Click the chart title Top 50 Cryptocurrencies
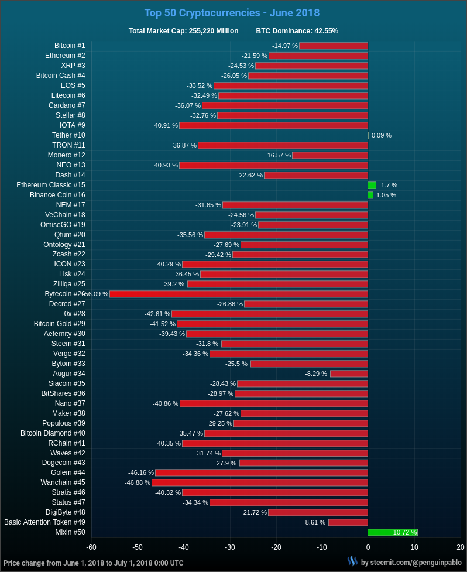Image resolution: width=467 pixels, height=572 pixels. [232, 13]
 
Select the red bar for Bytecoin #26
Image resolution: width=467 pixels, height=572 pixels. [239, 294]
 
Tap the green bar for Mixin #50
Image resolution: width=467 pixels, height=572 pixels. [392, 532]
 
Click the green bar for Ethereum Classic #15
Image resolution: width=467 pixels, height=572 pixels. [372, 185]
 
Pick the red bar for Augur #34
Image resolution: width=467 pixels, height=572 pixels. [349, 374]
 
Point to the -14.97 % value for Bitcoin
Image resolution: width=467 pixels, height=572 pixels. [285, 46]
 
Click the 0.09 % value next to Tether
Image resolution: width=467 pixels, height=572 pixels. [382, 135]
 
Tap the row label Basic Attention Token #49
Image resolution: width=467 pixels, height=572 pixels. [44, 522]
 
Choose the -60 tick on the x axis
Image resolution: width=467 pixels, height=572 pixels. [91, 547]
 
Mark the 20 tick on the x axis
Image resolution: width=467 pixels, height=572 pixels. [461, 547]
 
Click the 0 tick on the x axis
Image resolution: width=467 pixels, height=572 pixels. [368, 547]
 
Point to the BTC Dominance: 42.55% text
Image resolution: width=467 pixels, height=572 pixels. [297, 31]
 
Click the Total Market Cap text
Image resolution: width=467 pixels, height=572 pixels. [183, 31]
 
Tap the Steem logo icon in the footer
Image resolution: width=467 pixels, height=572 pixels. [352, 561]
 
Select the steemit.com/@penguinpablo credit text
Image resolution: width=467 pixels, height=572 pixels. [411, 563]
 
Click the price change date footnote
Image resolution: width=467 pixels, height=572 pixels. [94, 563]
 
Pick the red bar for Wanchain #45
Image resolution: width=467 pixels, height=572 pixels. [260, 482]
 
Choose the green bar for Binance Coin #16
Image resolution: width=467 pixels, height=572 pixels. [370, 195]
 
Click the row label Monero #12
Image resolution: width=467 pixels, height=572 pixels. [66, 155]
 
